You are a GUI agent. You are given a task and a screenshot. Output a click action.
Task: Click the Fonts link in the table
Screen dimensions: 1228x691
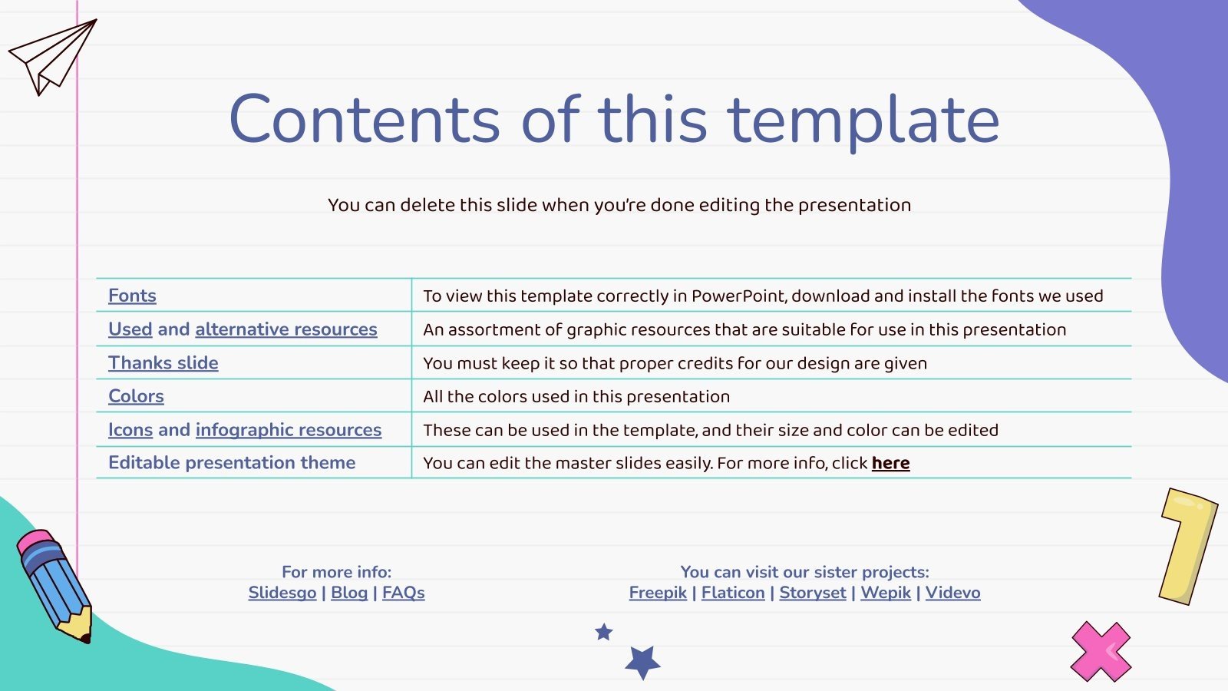(x=132, y=296)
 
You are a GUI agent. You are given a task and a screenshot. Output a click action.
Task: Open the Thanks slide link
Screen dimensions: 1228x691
(x=163, y=363)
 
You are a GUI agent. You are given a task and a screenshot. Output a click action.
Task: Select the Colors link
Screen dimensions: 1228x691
(x=136, y=396)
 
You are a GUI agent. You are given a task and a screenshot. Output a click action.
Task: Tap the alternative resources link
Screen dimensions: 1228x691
(x=286, y=329)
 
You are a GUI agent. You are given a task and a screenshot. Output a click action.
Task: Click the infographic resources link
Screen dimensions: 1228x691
(x=289, y=430)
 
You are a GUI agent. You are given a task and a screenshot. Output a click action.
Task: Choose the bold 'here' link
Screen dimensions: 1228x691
(x=890, y=464)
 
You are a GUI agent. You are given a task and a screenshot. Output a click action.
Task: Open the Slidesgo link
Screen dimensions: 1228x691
(x=282, y=593)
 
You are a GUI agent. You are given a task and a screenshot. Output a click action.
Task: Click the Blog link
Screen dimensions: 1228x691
(x=349, y=593)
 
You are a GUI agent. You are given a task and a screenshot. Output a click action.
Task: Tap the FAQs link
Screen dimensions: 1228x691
(x=404, y=593)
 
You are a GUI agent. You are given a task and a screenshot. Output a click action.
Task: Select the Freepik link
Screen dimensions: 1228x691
(x=658, y=593)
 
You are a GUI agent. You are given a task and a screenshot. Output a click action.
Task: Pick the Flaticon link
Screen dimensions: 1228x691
(x=733, y=593)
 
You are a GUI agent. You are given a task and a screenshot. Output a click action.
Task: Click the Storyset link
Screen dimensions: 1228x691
(x=813, y=593)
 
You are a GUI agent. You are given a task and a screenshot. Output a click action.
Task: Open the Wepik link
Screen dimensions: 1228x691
(x=886, y=593)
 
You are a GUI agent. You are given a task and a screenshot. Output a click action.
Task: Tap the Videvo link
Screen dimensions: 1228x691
(x=952, y=593)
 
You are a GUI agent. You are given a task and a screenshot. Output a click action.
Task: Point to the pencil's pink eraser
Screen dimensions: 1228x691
(x=34, y=541)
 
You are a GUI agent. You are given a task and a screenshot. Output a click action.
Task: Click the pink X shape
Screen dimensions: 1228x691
(x=1101, y=652)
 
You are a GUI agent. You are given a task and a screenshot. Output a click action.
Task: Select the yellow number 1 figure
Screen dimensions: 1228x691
(x=1188, y=547)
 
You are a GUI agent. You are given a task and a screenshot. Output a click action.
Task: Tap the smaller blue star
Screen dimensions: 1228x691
(x=603, y=632)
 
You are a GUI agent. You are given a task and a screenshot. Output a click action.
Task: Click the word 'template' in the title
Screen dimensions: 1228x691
(x=863, y=121)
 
